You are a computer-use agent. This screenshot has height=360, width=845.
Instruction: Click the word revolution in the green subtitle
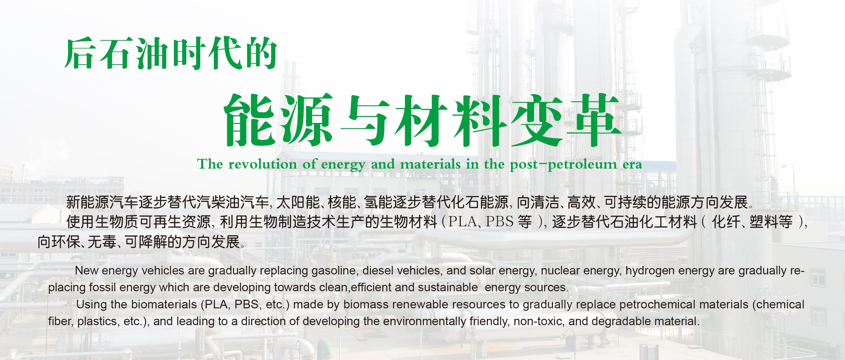(263, 164)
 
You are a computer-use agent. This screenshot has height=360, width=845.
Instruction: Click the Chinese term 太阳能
(298, 202)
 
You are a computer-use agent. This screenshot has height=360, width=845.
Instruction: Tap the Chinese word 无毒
(102, 242)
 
